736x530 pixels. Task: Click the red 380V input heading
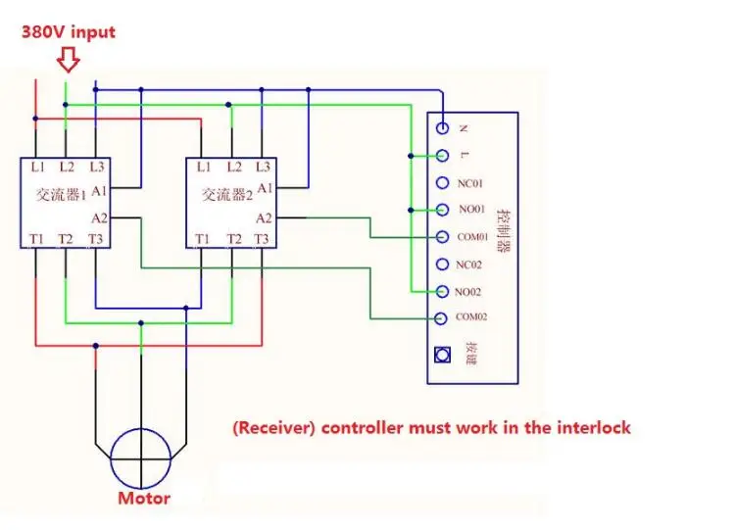69,32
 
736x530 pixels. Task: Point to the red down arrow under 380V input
69,60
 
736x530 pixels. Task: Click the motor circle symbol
141,458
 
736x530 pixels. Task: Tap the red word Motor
144,498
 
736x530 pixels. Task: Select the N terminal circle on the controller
442,127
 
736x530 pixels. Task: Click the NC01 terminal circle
442,182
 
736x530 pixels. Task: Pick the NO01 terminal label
471,210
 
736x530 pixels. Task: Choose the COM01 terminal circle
442,237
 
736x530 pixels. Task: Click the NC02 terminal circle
442,265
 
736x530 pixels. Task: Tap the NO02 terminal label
468,292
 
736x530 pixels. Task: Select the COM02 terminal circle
440,318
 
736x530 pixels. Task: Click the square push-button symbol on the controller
442,355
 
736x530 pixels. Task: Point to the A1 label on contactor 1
100,191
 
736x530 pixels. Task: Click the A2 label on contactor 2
264,218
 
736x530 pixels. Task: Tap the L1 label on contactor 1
37,167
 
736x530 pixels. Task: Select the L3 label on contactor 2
263,167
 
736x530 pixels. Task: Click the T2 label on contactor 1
66,239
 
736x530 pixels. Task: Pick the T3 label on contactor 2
262,239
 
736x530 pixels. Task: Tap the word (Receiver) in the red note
274,428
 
